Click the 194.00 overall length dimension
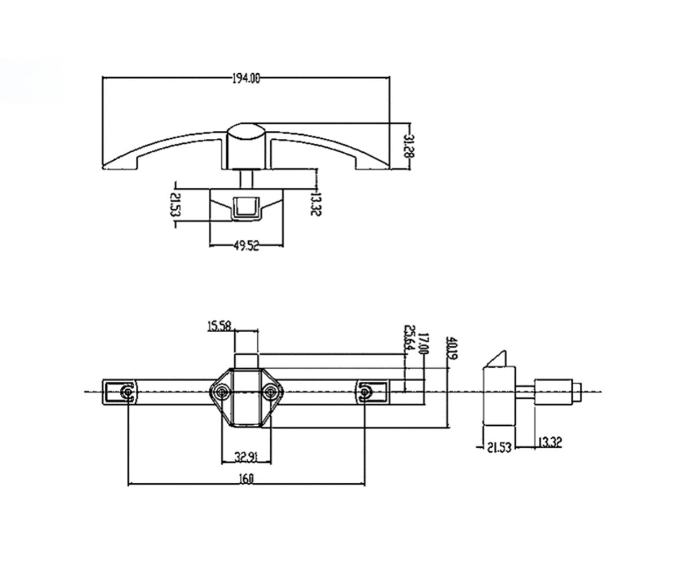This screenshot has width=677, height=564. (x=246, y=79)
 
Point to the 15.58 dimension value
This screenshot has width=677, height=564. (x=221, y=326)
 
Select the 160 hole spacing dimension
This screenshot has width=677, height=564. (x=246, y=478)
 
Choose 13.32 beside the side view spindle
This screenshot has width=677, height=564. (x=548, y=442)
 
